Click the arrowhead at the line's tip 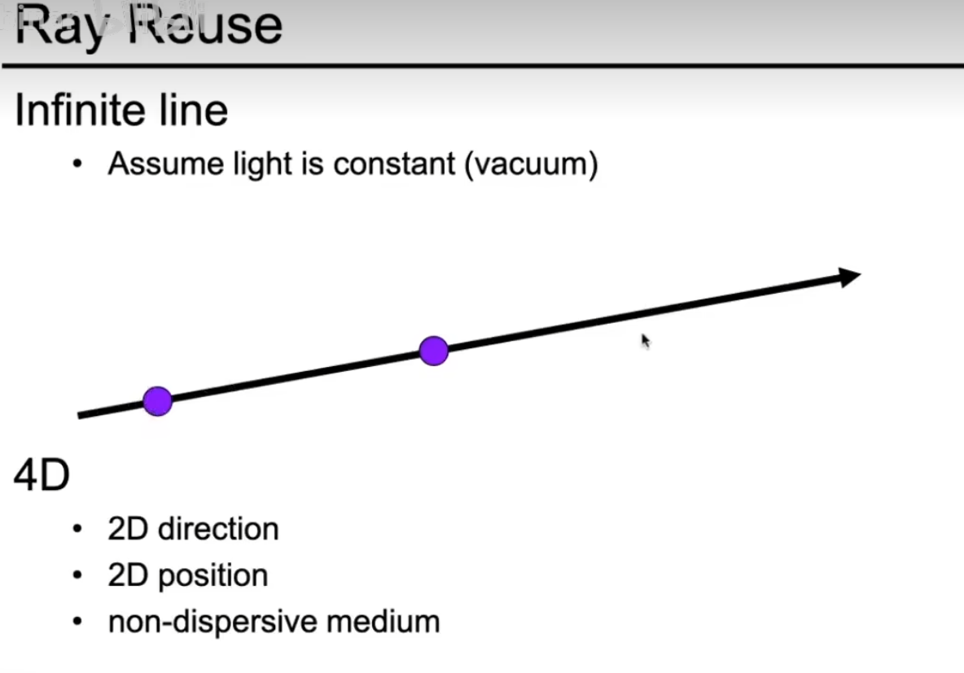pyautogui.click(x=849, y=277)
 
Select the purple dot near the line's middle pyautogui.click(x=434, y=351)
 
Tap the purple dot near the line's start pyautogui.click(x=157, y=401)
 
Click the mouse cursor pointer pyautogui.click(x=645, y=340)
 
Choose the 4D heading pyautogui.click(x=41, y=476)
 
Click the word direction pyautogui.click(x=218, y=529)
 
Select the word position pyautogui.click(x=213, y=576)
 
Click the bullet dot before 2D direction pyautogui.click(x=78, y=530)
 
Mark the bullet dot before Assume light pyautogui.click(x=78, y=164)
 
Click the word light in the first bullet pyautogui.click(x=245, y=164)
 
